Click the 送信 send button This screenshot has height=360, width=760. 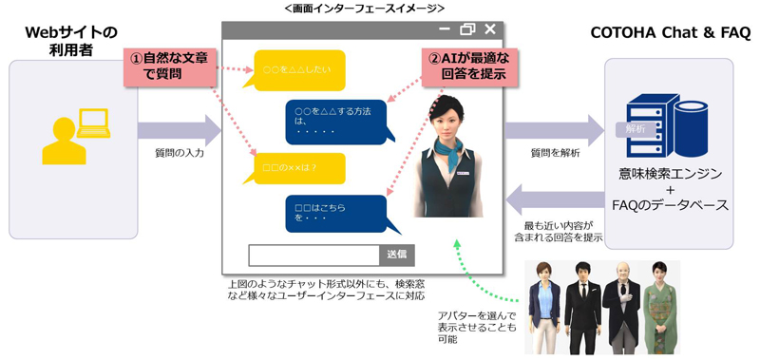coord(397,255)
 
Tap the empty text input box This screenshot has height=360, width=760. coord(313,255)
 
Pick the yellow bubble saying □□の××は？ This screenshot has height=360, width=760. coord(299,168)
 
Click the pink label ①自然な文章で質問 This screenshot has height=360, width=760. coord(170,66)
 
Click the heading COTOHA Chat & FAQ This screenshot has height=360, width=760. coord(670,33)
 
